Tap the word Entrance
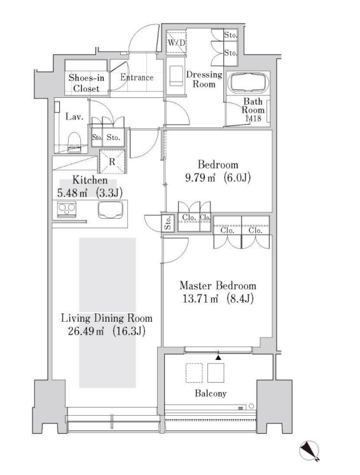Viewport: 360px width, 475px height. coord(137,78)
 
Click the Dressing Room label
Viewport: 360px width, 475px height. coord(204,79)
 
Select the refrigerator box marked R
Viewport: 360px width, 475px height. coord(113,162)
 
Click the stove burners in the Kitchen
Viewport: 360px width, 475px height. coord(67,209)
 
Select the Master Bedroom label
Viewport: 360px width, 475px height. coord(218,286)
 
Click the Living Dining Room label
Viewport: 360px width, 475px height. coord(106,317)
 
